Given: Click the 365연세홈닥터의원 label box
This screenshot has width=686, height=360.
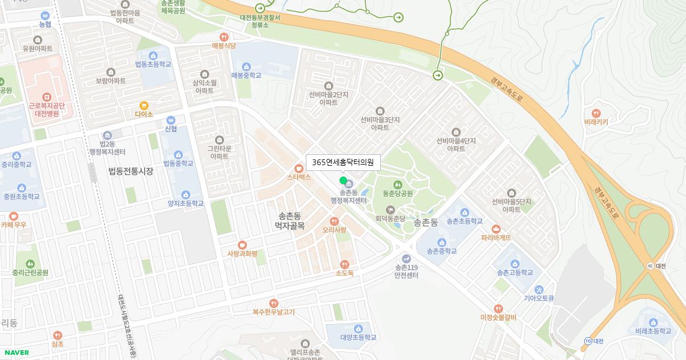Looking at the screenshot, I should (x=343, y=162).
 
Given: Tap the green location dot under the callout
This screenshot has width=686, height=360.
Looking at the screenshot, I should (x=343, y=181).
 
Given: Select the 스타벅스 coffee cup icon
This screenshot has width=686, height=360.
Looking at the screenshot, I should (x=298, y=169).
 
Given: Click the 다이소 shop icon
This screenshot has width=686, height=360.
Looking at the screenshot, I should (x=144, y=105).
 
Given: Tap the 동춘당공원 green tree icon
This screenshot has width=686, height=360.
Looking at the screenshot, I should (x=397, y=184).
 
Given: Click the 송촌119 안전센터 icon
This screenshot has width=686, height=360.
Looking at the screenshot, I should (x=406, y=258).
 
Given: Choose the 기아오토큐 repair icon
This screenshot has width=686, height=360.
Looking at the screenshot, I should (x=539, y=289).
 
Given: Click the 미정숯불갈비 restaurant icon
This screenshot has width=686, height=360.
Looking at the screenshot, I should (x=498, y=309).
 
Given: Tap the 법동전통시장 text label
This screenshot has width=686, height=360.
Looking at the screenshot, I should (x=131, y=171).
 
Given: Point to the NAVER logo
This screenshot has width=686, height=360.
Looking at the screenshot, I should (x=15, y=353).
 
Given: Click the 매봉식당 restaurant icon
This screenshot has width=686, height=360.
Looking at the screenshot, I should (x=224, y=37).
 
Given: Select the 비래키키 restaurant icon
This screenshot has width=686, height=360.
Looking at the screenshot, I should (x=596, y=113).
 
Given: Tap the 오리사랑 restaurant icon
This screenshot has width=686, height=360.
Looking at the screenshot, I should (x=334, y=221).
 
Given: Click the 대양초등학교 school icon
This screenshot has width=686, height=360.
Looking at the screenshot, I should (x=358, y=329).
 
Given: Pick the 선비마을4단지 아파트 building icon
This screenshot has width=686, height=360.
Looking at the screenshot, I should (x=456, y=132).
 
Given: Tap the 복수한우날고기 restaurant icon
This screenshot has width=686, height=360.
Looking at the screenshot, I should (x=273, y=303).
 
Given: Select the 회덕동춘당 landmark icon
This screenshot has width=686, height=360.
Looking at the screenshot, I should (x=390, y=210).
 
